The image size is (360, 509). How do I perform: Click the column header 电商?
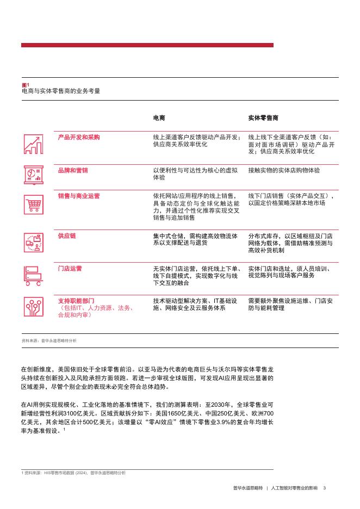click(x=159, y=117)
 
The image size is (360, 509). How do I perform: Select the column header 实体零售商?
click(x=263, y=117)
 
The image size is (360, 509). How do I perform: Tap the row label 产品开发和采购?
click(x=78, y=138)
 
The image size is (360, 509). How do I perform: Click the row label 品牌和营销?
click(x=72, y=170)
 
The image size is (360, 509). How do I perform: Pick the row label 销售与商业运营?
click(x=78, y=196)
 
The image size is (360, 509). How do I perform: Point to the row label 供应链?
click(x=67, y=236)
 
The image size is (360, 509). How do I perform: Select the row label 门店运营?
click(x=70, y=268)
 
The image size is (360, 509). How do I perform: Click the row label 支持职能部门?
click(x=76, y=300)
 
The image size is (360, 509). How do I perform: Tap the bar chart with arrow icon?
click(x=34, y=144)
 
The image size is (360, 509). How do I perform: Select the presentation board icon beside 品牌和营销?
click(x=34, y=175)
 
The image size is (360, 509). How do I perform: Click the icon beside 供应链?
click(x=34, y=243)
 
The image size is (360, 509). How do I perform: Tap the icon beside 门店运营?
click(x=34, y=275)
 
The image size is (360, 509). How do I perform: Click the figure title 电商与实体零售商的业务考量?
click(x=60, y=91)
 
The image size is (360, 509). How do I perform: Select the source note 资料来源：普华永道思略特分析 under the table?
click(x=49, y=340)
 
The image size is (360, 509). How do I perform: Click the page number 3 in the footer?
click(x=324, y=487)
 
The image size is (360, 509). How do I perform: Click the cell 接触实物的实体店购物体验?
click(x=284, y=170)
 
